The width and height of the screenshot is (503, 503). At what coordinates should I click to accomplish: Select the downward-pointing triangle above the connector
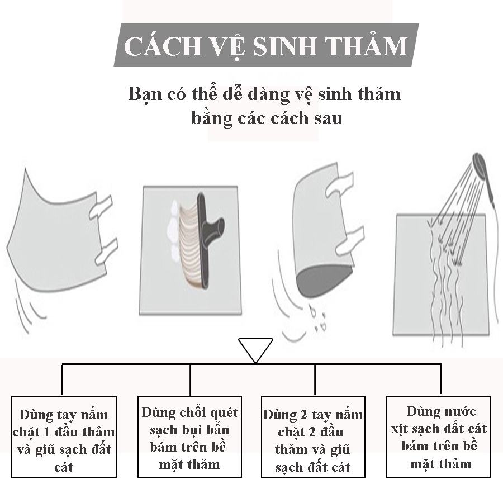(x=255, y=350)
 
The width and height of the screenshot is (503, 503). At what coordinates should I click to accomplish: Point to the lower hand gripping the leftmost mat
(x=107, y=251)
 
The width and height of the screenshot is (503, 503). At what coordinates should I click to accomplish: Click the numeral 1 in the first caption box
(x=47, y=432)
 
